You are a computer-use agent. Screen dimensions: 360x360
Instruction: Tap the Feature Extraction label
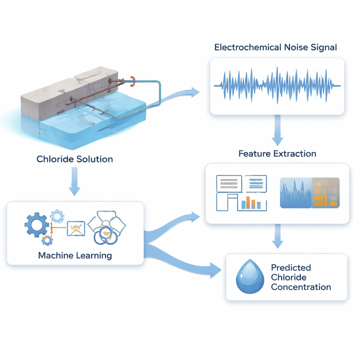coord(277,154)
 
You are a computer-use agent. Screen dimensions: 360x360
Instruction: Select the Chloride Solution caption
coord(75,159)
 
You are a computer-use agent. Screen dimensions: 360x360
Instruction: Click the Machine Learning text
coord(75,255)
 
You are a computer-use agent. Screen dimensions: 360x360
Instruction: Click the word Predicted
coord(291,268)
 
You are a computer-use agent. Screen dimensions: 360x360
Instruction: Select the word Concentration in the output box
coord(301,287)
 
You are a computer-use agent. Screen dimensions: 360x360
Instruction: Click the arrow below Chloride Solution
coord(75,181)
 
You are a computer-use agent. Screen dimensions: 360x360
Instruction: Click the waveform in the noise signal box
coord(277,85)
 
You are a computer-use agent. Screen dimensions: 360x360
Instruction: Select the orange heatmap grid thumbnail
coord(326,193)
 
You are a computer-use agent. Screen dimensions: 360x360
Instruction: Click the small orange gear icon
coord(47,240)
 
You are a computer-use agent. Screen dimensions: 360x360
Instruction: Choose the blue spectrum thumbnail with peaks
coord(295,193)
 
